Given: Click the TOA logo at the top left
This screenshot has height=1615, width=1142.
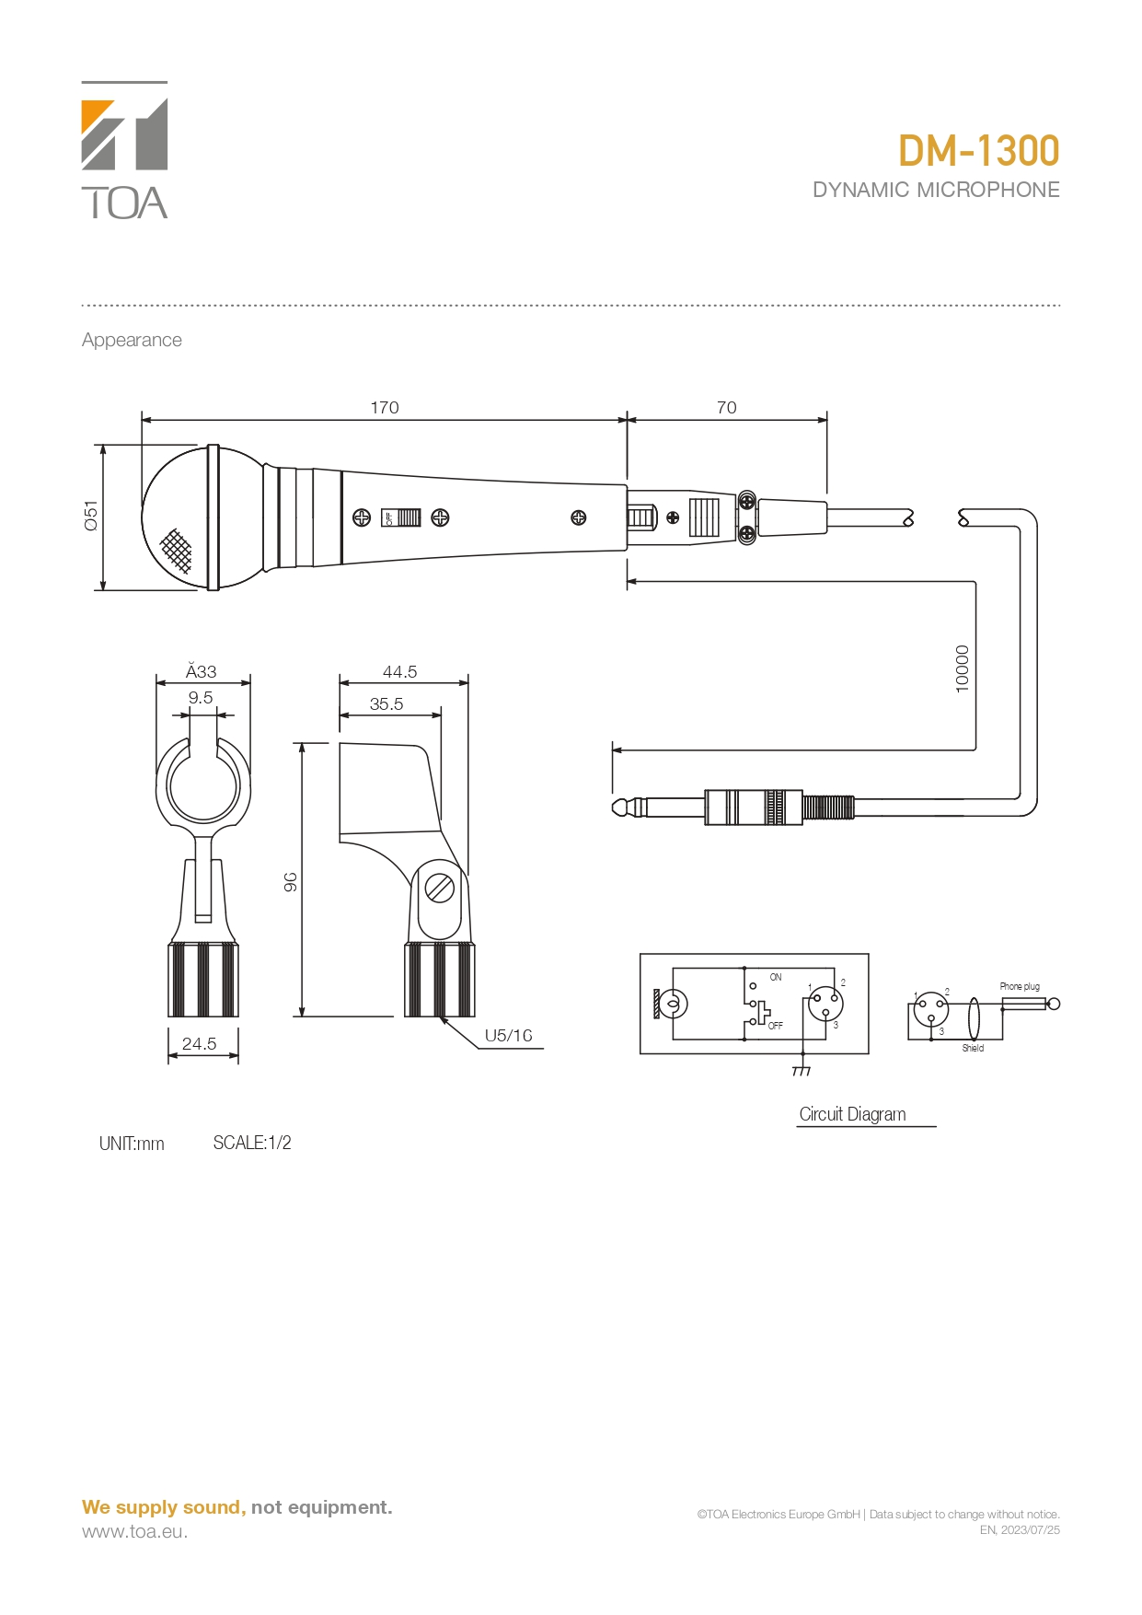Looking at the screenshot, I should click(x=124, y=151).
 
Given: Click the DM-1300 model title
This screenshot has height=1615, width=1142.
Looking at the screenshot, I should click(x=978, y=152).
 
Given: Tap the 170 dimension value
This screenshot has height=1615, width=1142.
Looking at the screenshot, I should click(x=385, y=407).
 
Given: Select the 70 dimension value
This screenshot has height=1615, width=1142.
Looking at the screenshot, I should click(x=727, y=407).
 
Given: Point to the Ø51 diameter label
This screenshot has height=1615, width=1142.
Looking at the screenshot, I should click(x=91, y=516).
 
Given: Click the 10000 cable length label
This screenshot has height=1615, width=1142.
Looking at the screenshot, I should click(x=963, y=668).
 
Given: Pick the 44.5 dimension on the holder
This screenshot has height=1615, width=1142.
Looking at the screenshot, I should click(x=400, y=672).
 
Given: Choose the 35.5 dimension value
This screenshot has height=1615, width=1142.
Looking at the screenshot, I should click(x=386, y=704).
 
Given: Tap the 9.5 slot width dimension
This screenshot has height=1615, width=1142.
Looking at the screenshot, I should click(x=201, y=698).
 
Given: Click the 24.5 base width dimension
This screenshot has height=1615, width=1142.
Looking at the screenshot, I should click(x=200, y=1044).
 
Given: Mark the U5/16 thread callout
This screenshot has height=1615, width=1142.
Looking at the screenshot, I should click(x=509, y=1036).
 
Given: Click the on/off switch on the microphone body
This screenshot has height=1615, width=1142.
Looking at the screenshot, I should click(x=402, y=517).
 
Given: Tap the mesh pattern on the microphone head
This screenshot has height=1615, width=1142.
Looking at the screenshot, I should click(x=177, y=551).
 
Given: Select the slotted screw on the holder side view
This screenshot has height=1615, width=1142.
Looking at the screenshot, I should click(x=440, y=889).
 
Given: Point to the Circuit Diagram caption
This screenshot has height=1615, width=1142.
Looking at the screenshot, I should click(x=853, y=1114).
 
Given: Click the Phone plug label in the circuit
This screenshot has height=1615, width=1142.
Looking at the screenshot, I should click(x=1020, y=986).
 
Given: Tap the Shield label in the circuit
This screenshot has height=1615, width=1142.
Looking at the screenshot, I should click(x=973, y=1048).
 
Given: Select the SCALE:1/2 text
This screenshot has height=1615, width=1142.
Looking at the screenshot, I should click(x=252, y=1143).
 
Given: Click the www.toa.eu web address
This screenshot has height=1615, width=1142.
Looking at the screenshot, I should click(x=134, y=1531).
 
